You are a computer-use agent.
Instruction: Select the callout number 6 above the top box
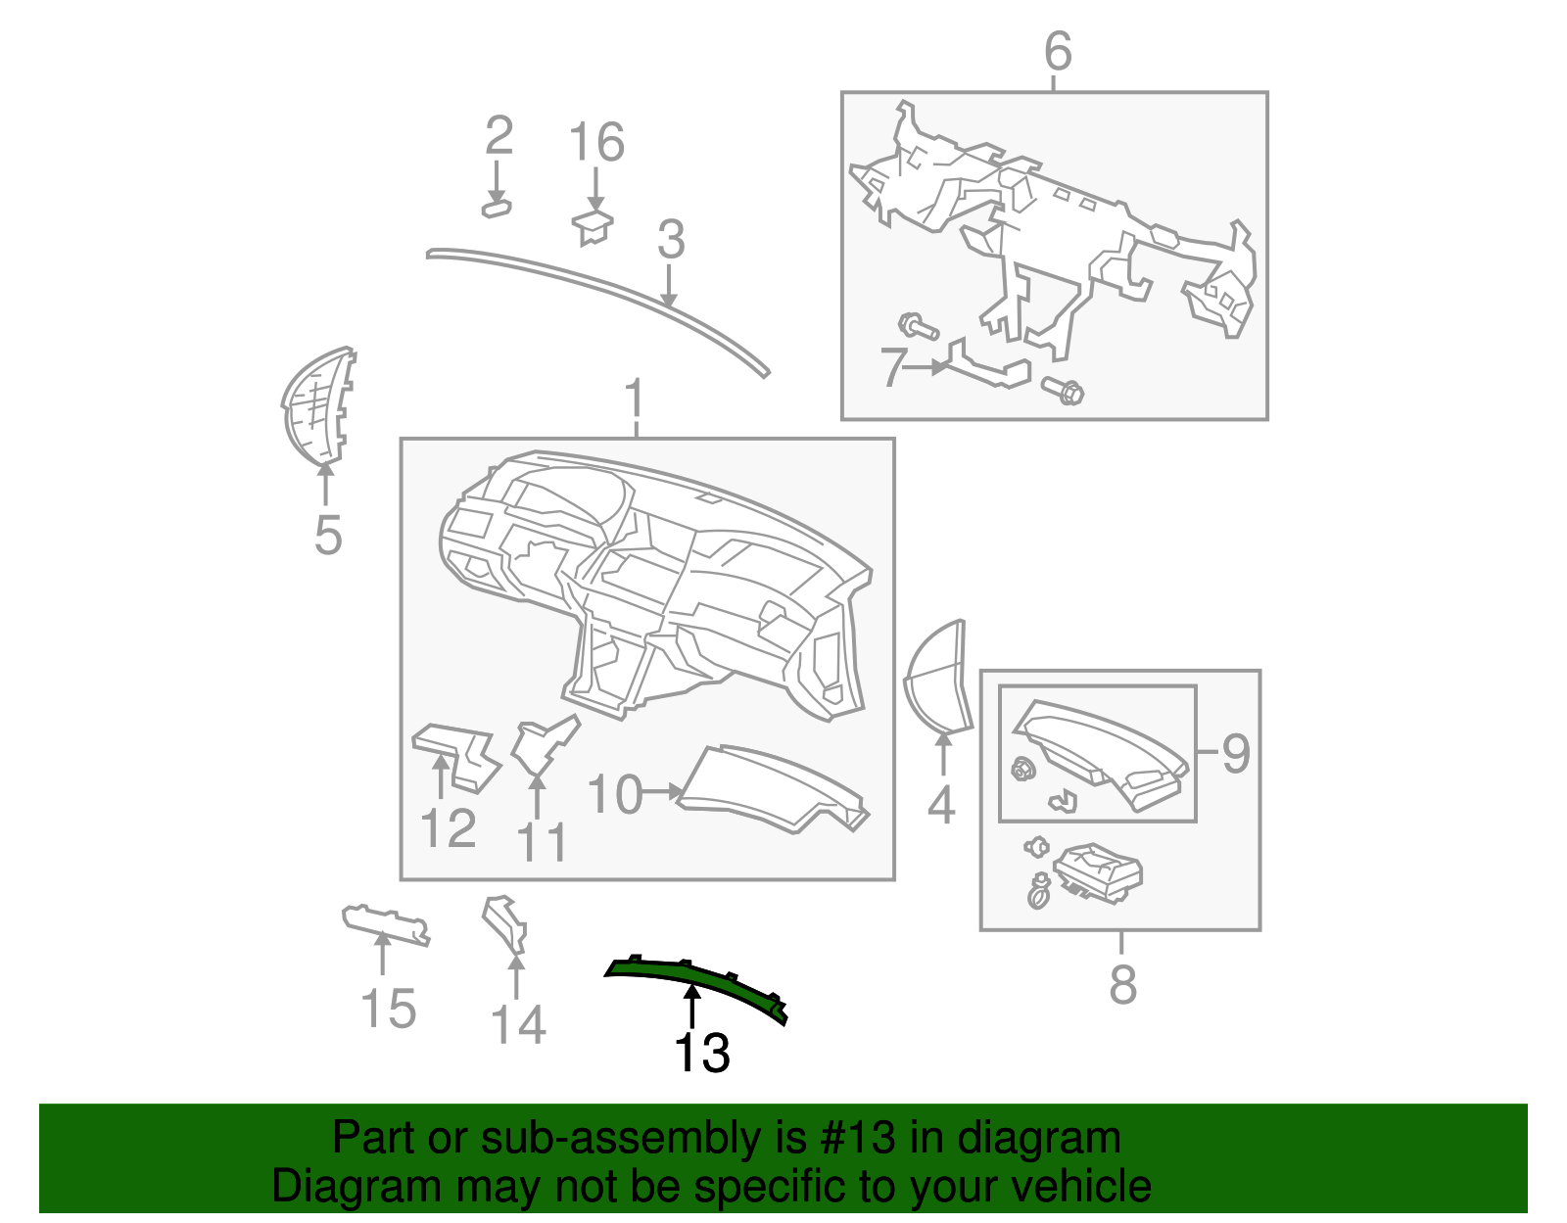click(x=1058, y=51)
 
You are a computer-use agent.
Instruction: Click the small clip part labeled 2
click(x=497, y=209)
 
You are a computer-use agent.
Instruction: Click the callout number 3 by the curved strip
click(x=670, y=240)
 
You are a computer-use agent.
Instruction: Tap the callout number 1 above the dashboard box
click(x=635, y=400)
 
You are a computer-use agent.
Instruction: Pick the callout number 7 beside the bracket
click(x=892, y=367)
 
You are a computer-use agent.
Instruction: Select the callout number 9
click(x=1236, y=753)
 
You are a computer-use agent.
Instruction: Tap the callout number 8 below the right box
click(x=1122, y=984)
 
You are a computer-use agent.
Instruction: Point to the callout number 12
click(x=448, y=828)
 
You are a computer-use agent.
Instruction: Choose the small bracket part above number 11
click(x=542, y=746)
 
